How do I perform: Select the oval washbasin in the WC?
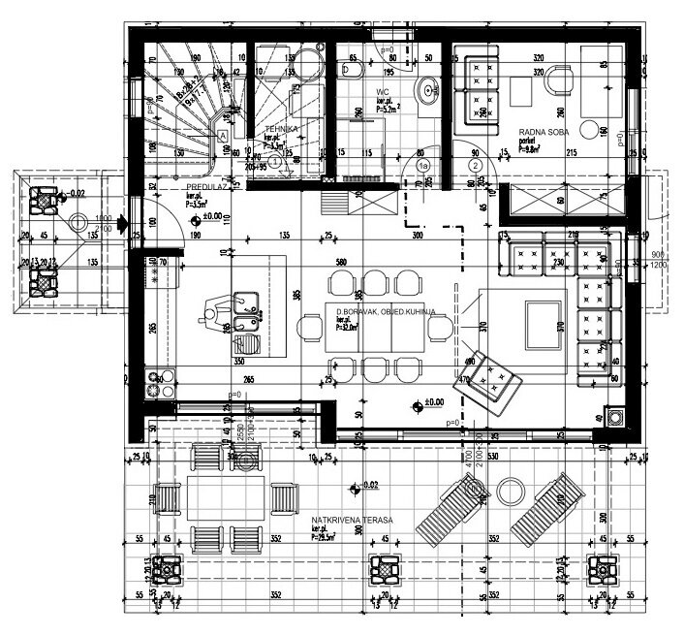[x=426, y=91]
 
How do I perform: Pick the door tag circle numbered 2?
[x=476, y=166]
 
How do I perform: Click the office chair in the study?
[x=559, y=85]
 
